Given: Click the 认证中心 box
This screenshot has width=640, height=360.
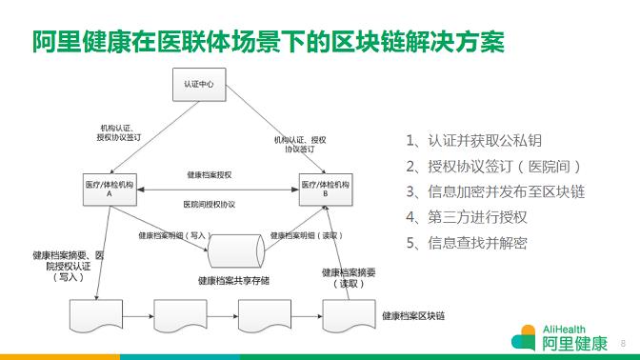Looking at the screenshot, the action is coord(199,85).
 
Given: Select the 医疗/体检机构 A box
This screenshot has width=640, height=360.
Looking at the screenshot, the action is coord(110,190).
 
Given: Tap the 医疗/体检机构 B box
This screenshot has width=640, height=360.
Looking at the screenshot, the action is coord(326,190).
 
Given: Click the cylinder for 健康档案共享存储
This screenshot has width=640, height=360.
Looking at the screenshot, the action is coord(236,251).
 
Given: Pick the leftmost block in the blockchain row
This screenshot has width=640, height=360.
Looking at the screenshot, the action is coord(96,316).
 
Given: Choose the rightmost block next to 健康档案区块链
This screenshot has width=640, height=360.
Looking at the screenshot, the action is coord(349,316).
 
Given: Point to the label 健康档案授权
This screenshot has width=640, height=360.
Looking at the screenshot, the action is coord(210,175).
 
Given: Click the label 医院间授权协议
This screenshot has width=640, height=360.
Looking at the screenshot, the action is coord(210,205).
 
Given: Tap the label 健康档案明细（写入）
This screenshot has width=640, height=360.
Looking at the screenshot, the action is coord(175,235).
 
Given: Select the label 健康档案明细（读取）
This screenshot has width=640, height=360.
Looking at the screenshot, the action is coord(307,235).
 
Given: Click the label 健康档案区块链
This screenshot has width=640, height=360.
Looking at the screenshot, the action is coord(413,315).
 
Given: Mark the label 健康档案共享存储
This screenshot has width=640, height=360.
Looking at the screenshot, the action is coord(234,280).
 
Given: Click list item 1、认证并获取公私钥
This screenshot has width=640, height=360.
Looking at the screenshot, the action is coord(474,141).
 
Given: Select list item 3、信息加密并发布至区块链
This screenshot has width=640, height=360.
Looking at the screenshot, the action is coord(495,191).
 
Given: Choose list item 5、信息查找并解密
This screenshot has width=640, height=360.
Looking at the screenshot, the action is coord(467,243).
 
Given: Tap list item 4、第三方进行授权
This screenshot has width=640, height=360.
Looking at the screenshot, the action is coord(467,217).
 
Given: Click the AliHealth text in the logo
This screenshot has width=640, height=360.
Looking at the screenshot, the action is coord(564,330).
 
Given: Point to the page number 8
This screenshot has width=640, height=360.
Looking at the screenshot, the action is coord(623,343).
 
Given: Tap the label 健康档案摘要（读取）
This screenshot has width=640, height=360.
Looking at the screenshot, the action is coord(349,278).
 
